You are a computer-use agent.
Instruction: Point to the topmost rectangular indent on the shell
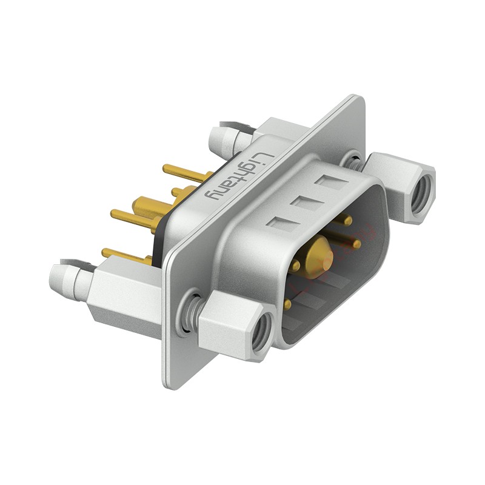tap(334, 182)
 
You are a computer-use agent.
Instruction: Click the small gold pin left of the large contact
tap(296, 266)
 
